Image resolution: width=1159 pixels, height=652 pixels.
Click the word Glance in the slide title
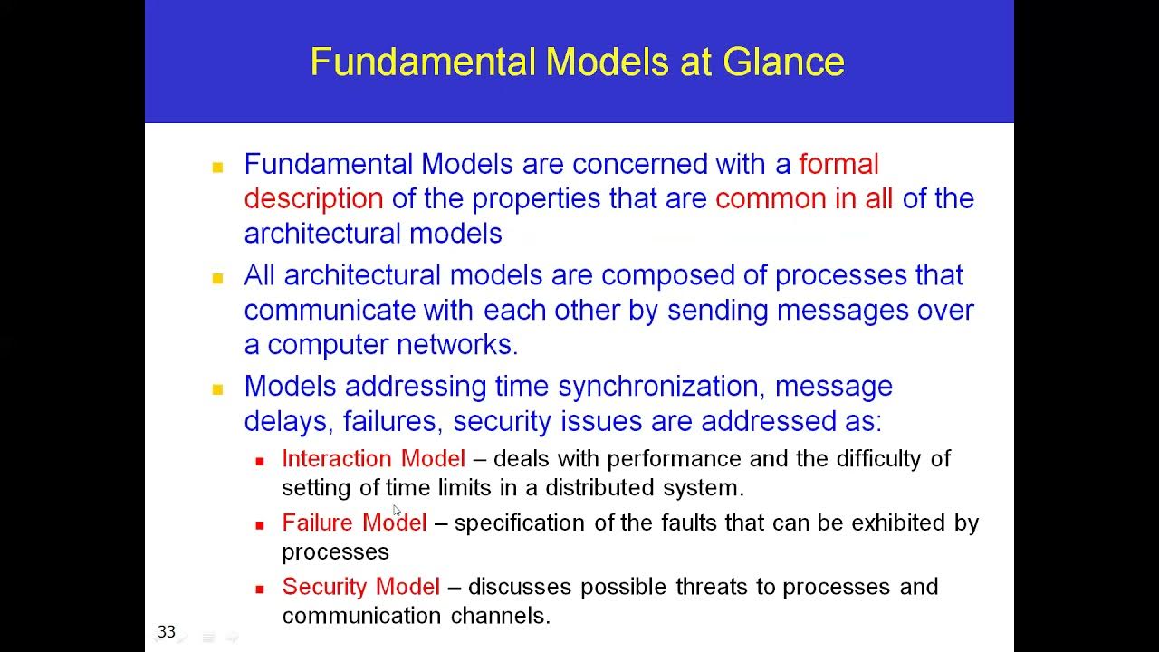click(x=783, y=62)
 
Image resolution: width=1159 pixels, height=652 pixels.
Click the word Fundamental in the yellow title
click(x=423, y=62)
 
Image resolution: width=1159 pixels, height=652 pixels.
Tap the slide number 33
click(x=167, y=631)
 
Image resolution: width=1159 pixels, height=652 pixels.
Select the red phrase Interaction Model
click(x=373, y=459)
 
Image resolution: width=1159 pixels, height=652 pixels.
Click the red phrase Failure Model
click(x=354, y=523)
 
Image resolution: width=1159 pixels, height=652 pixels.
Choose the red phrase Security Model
click(x=360, y=587)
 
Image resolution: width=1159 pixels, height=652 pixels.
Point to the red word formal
click(x=838, y=164)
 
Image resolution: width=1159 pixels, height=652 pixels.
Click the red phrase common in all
click(x=804, y=198)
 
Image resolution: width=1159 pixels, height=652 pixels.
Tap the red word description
click(x=313, y=198)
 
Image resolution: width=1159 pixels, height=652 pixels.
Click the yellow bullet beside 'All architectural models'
click(x=217, y=278)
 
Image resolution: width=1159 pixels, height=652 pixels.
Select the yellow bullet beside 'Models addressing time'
click(x=217, y=389)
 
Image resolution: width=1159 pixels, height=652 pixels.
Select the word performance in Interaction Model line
click(x=674, y=459)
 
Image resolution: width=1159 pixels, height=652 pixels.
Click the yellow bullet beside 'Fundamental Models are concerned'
click(x=217, y=167)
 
